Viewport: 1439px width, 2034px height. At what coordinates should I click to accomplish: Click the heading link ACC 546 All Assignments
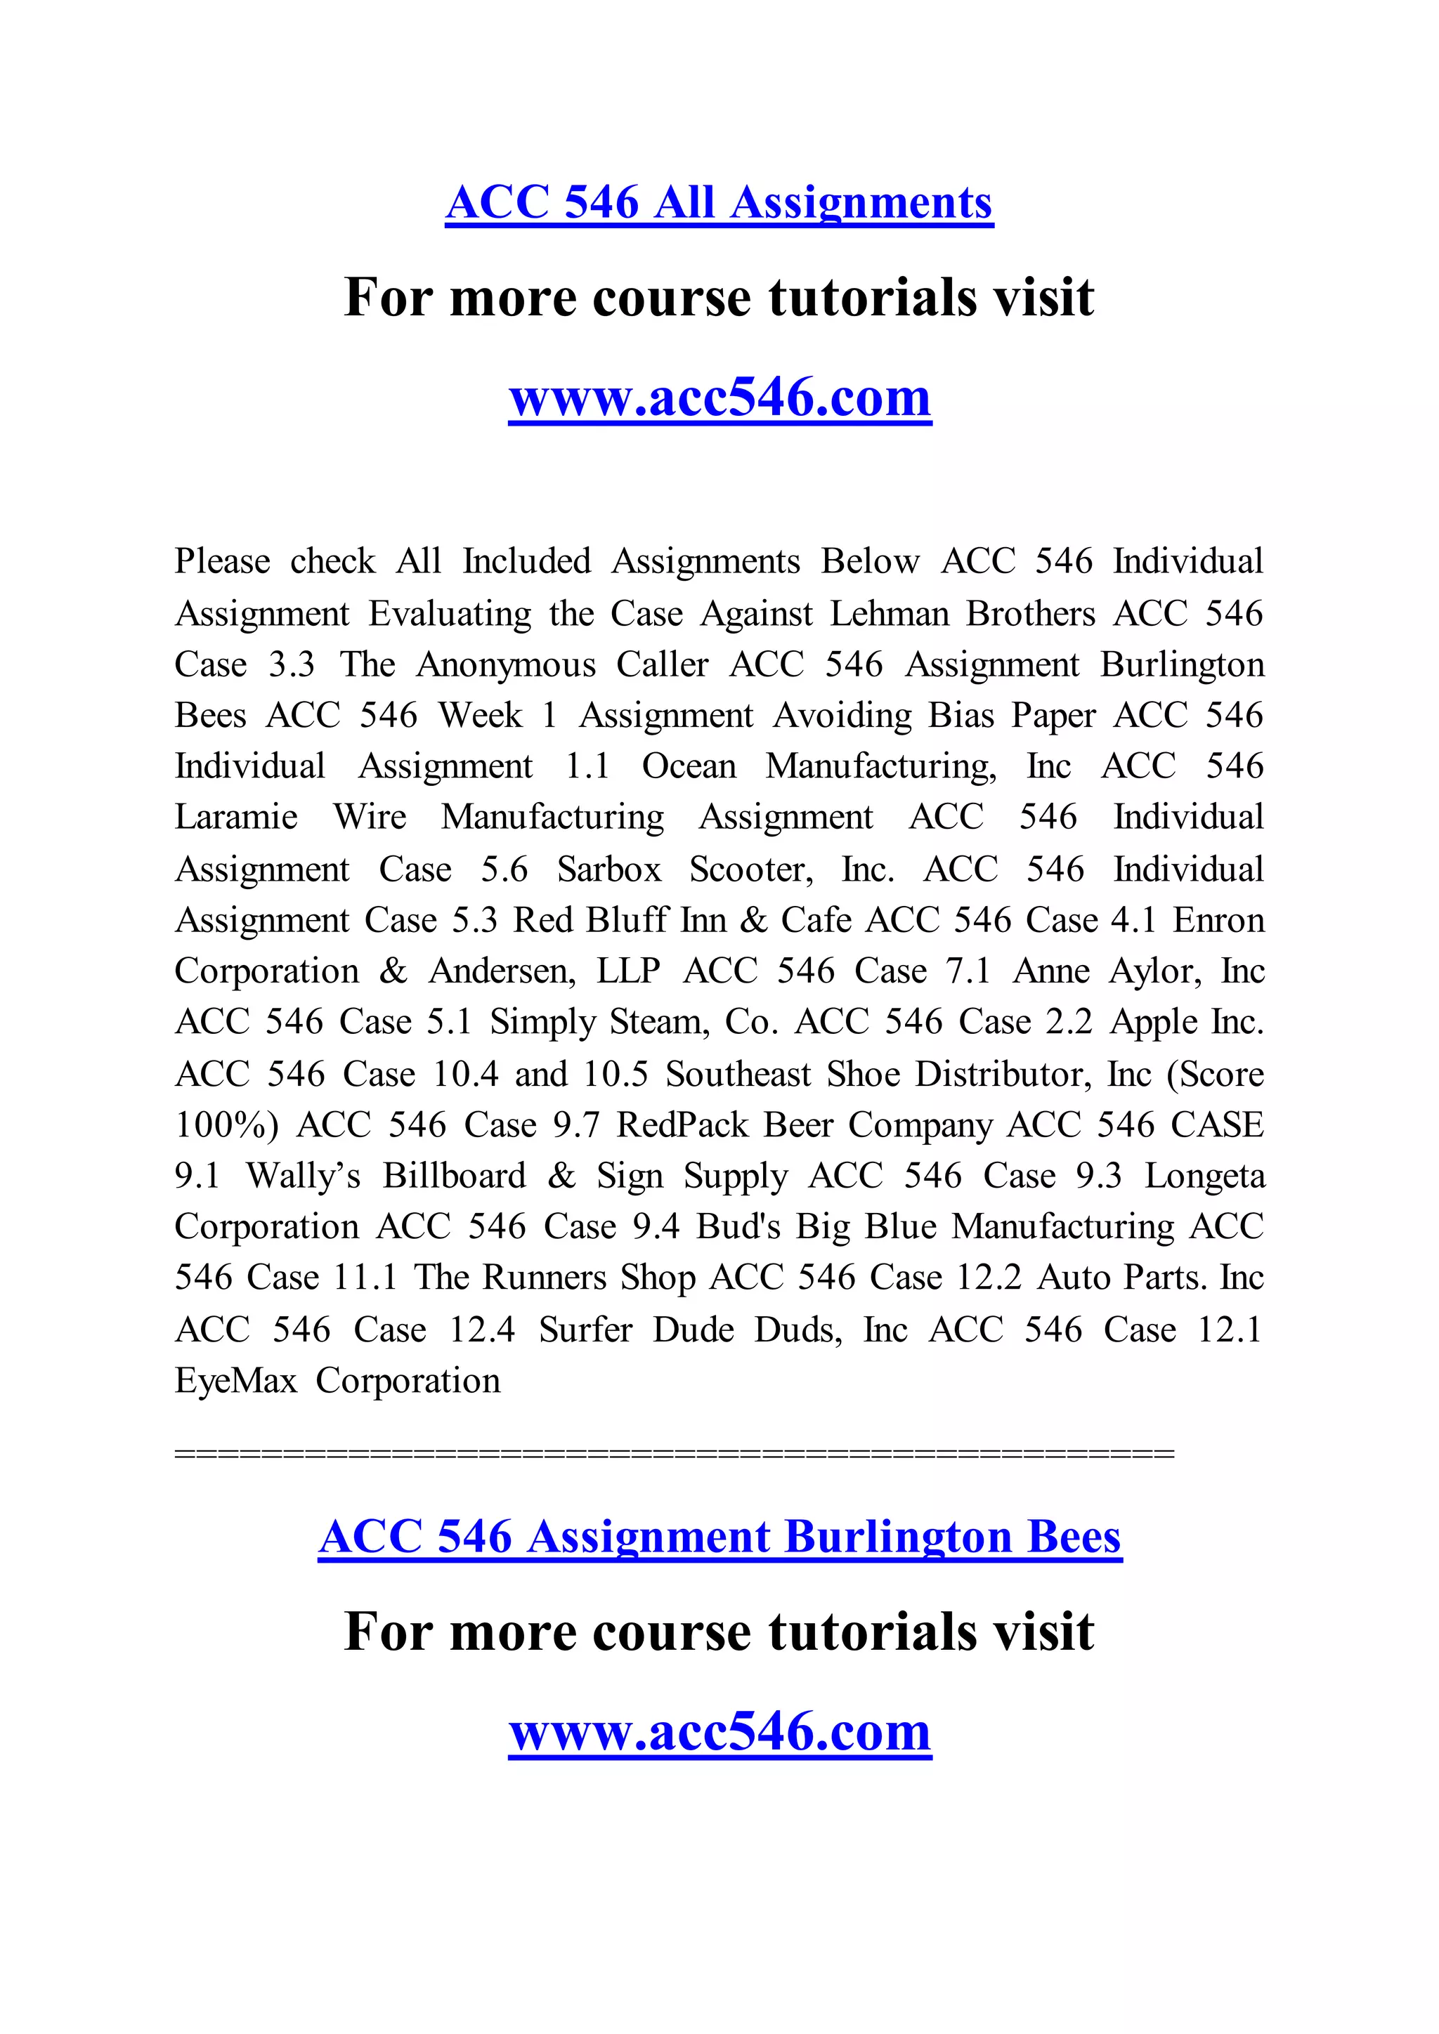(719, 203)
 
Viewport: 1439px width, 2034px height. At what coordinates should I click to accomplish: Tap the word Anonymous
(506, 664)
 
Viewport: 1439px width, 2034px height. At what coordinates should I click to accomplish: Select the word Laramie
(235, 817)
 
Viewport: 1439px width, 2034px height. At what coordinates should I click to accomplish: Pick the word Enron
(1218, 921)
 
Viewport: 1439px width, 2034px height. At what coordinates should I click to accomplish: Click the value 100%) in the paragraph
(227, 1125)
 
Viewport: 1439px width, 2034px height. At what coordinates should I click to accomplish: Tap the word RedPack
(682, 1125)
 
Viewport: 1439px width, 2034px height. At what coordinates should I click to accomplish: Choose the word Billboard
(455, 1176)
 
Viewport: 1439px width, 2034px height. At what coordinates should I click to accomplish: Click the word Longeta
(1204, 1176)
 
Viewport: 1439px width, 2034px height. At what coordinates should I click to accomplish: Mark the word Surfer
(586, 1330)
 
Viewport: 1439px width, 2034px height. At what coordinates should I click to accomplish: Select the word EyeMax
(235, 1381)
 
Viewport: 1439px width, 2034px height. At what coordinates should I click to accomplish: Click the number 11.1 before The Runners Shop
(365, 1278)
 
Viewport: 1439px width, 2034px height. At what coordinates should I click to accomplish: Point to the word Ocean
(689, 766)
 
